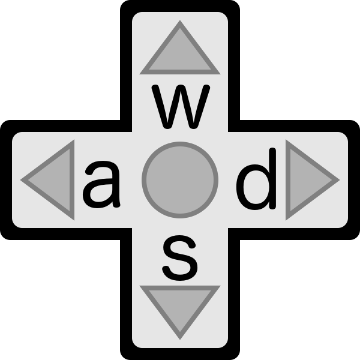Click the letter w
(x=181, y=107)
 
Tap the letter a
(x=102, y=185)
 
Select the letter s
(x=180, y=258)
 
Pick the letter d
(x=256, y=179)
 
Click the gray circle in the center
(x=180, y=180)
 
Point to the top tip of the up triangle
(x=180, y=20)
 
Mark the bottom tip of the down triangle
(x=180, y=340)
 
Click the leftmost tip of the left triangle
(x=20, y=180)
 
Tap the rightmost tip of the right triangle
(x=340, y=180)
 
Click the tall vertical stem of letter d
(x=272, y=179)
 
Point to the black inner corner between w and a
(x=126, y=126)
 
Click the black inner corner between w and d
(x=234, y=126)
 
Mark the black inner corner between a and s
(x=126, y=234)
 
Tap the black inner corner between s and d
(x=234, y=234)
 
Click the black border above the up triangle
(x=180, y=6)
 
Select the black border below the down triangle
(x=180, y=354)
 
